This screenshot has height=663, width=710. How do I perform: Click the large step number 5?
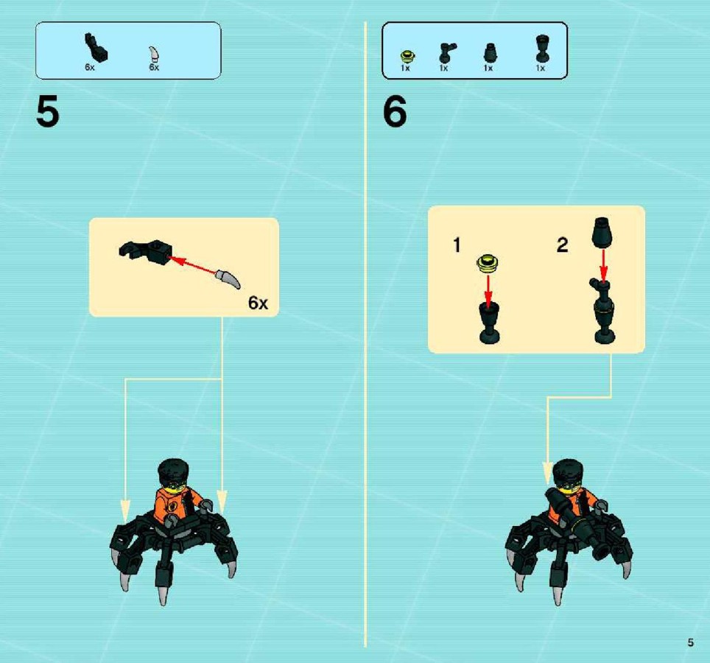coord(48,112)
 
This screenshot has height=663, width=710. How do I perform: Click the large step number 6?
coord(395,112)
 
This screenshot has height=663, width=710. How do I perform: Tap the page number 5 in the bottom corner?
coord(691,642)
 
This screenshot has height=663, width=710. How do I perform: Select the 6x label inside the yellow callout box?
coord(258,303)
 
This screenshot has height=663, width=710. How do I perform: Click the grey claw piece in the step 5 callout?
coord(228,278)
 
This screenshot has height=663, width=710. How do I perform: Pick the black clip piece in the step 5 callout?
coord(145,250)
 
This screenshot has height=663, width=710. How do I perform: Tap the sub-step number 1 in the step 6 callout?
coord(457,245)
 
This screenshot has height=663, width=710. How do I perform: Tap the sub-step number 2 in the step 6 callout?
coord(563,245)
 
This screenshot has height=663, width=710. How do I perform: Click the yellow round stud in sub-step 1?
coord(488,263)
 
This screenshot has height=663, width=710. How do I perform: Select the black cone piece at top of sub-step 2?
coord(602,232)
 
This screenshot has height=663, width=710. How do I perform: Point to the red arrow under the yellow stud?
coord(488,290)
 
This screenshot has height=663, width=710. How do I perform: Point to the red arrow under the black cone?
coord(603,265)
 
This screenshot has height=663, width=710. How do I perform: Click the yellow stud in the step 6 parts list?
coord(408,57)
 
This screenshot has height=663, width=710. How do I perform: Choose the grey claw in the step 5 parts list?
coord(155,54)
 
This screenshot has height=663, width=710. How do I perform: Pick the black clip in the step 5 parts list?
coord(95,46)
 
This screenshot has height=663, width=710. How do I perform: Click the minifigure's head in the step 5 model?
coord(172,475)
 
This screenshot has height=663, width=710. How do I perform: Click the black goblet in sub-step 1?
coord(489,323)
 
